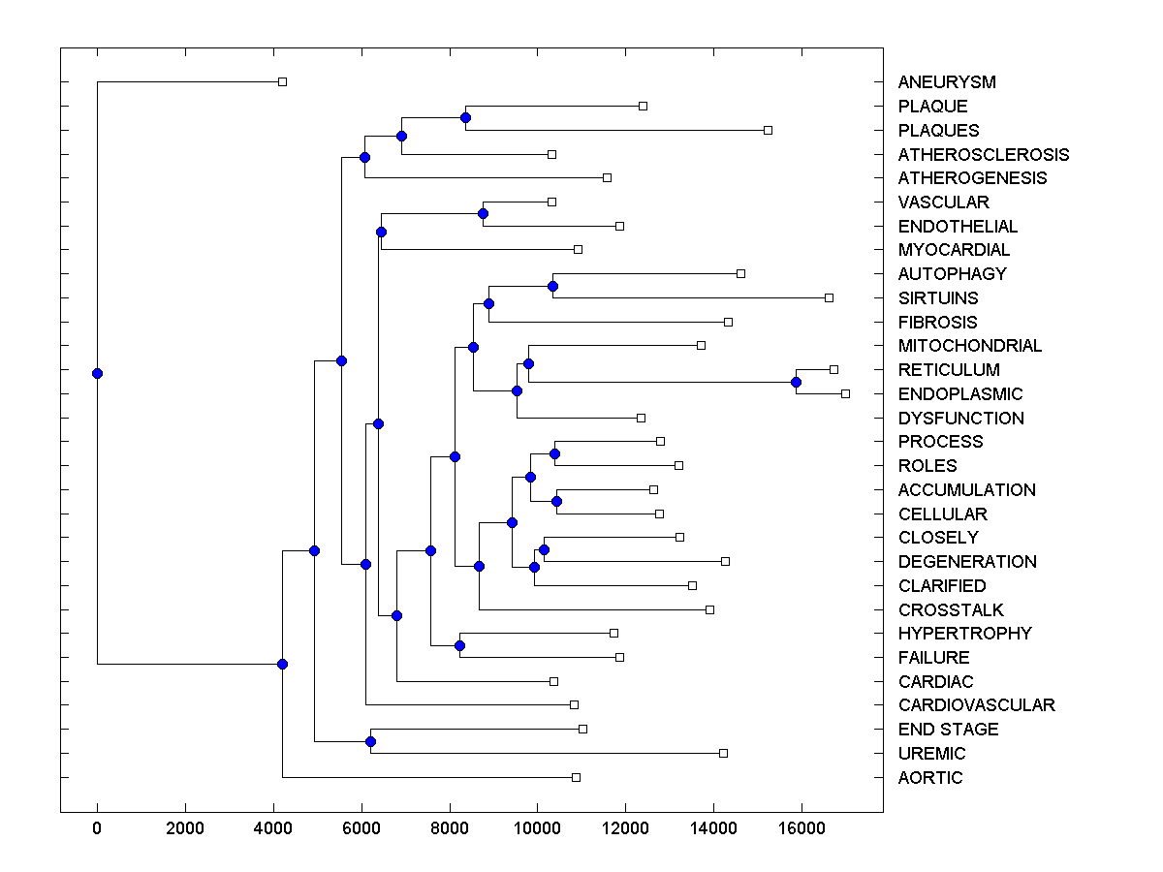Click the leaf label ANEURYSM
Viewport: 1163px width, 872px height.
(x=946, y=82)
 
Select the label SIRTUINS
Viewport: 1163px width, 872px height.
(x=937, y=298)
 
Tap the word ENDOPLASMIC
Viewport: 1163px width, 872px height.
(x=959, y=394)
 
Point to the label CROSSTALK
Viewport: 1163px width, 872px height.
(x=950, y=610)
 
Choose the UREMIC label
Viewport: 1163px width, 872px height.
(x=931, y=754)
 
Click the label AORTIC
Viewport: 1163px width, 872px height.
(x=929, y=778)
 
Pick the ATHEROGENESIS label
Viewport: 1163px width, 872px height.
(x=972, y=178)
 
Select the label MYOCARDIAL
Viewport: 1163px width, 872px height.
(x=954, y=250)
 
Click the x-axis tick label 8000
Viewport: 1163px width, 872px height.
(x=450, y=827)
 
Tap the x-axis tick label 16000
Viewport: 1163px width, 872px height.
(x=802, y=827)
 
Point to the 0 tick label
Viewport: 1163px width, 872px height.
(x=97, y=827)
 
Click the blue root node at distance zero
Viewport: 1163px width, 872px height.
(x=97, y=373)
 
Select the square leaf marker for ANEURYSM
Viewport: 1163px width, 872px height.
(x=282, y=81)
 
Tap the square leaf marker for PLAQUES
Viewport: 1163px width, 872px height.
(x=768, y=130)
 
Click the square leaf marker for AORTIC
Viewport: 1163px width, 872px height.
(x=576, y=777)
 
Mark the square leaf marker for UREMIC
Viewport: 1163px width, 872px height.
(x=723, y=753)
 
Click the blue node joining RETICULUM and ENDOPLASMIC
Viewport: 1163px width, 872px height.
(x=796, y=382)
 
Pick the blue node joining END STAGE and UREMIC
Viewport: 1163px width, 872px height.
(x=370, y=741)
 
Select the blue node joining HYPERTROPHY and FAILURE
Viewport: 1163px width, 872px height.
(x=459, y=645)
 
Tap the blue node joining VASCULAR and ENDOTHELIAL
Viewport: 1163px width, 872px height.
(x=483, y=213)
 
